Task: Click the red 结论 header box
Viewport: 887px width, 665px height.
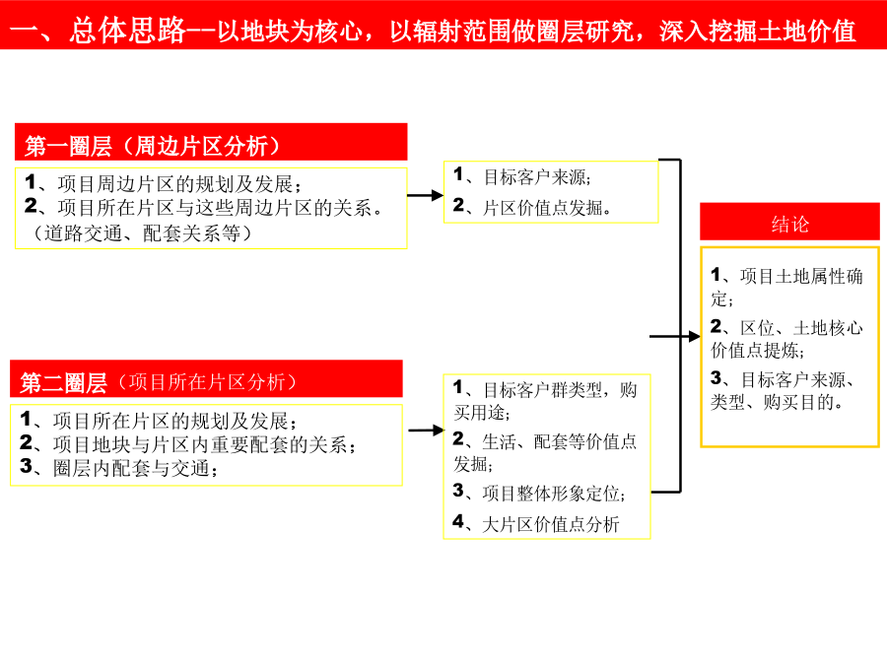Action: (789, 222)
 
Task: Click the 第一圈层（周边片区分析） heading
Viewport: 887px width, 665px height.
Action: (153, 147)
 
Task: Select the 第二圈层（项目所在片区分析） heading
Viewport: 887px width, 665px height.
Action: (159, 382)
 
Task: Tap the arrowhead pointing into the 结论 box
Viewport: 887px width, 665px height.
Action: (695, 337)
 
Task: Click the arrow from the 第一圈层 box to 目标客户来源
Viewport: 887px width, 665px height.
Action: (426, 196)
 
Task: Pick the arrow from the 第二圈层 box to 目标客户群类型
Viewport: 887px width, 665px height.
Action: (426, 431)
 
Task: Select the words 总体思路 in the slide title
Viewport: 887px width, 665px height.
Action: (128, 30)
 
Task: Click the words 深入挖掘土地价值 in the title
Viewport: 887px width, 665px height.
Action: (758, 31)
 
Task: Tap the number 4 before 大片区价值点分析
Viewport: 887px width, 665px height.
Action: (458, 521)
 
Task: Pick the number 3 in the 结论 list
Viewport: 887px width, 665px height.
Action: (716, 377)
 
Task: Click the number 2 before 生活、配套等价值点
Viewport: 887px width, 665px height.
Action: (458, 438)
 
